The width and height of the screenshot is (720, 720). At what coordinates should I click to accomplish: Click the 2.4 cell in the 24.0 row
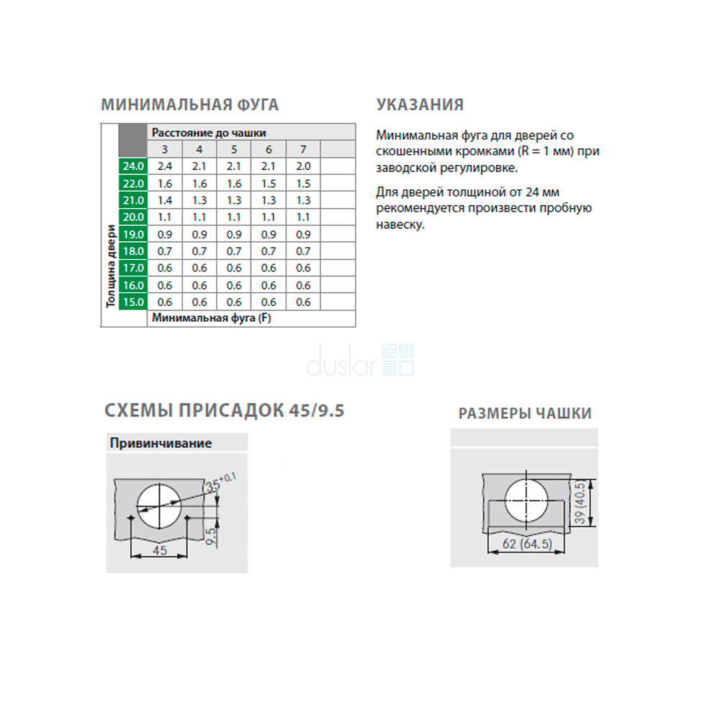(164, 166)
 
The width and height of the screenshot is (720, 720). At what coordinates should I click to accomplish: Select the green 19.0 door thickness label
(133, 234)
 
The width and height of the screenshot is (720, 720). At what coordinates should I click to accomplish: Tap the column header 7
(303, 149)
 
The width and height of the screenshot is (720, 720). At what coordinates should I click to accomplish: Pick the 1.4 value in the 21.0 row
(164, 200)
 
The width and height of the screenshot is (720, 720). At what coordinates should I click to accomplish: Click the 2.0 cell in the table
(303, 166)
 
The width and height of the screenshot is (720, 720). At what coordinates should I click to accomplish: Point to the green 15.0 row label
(133, 302)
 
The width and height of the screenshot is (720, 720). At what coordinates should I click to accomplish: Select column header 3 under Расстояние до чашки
(164, 149)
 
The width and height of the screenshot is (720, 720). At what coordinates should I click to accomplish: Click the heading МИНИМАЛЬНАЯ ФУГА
(189, 104)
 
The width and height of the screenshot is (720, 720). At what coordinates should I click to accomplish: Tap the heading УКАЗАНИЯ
(420, 104)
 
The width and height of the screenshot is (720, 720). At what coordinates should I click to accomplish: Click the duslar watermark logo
(360, 361)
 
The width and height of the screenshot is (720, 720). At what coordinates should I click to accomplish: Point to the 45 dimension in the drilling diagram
(159, 550)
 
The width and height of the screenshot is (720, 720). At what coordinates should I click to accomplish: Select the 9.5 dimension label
(211, 536)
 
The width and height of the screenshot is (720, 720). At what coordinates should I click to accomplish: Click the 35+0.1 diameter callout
(220, 482)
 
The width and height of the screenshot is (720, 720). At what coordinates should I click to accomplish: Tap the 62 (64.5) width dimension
(527, 544)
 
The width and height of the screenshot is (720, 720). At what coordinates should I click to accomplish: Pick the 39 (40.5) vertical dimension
(580, 503)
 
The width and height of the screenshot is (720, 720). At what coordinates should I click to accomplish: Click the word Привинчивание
(161, 443)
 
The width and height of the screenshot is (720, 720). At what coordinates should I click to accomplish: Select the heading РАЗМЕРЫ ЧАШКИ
(525, 413)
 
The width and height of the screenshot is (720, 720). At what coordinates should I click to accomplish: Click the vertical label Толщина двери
(111, 266)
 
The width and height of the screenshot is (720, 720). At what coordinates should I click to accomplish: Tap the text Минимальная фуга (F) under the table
(212, 318)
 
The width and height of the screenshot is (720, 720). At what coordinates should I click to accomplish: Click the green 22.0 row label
(133, 184)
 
